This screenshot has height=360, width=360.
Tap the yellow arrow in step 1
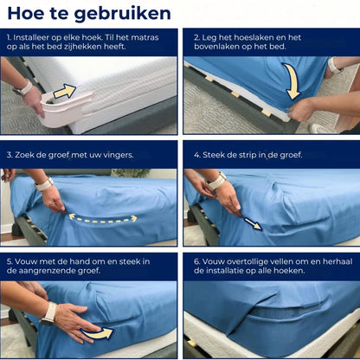(x=65, y=91)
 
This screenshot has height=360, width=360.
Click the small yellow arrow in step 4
(x=252, y=223)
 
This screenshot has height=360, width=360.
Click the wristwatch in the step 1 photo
(x=23, y=87)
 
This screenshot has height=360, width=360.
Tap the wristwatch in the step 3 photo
(x=43, y=184)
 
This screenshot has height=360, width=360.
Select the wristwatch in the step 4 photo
(x=217, y=181)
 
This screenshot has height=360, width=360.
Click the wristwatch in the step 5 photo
(x=48, y=310)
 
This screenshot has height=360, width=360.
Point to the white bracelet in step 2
(x=334, y=65)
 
